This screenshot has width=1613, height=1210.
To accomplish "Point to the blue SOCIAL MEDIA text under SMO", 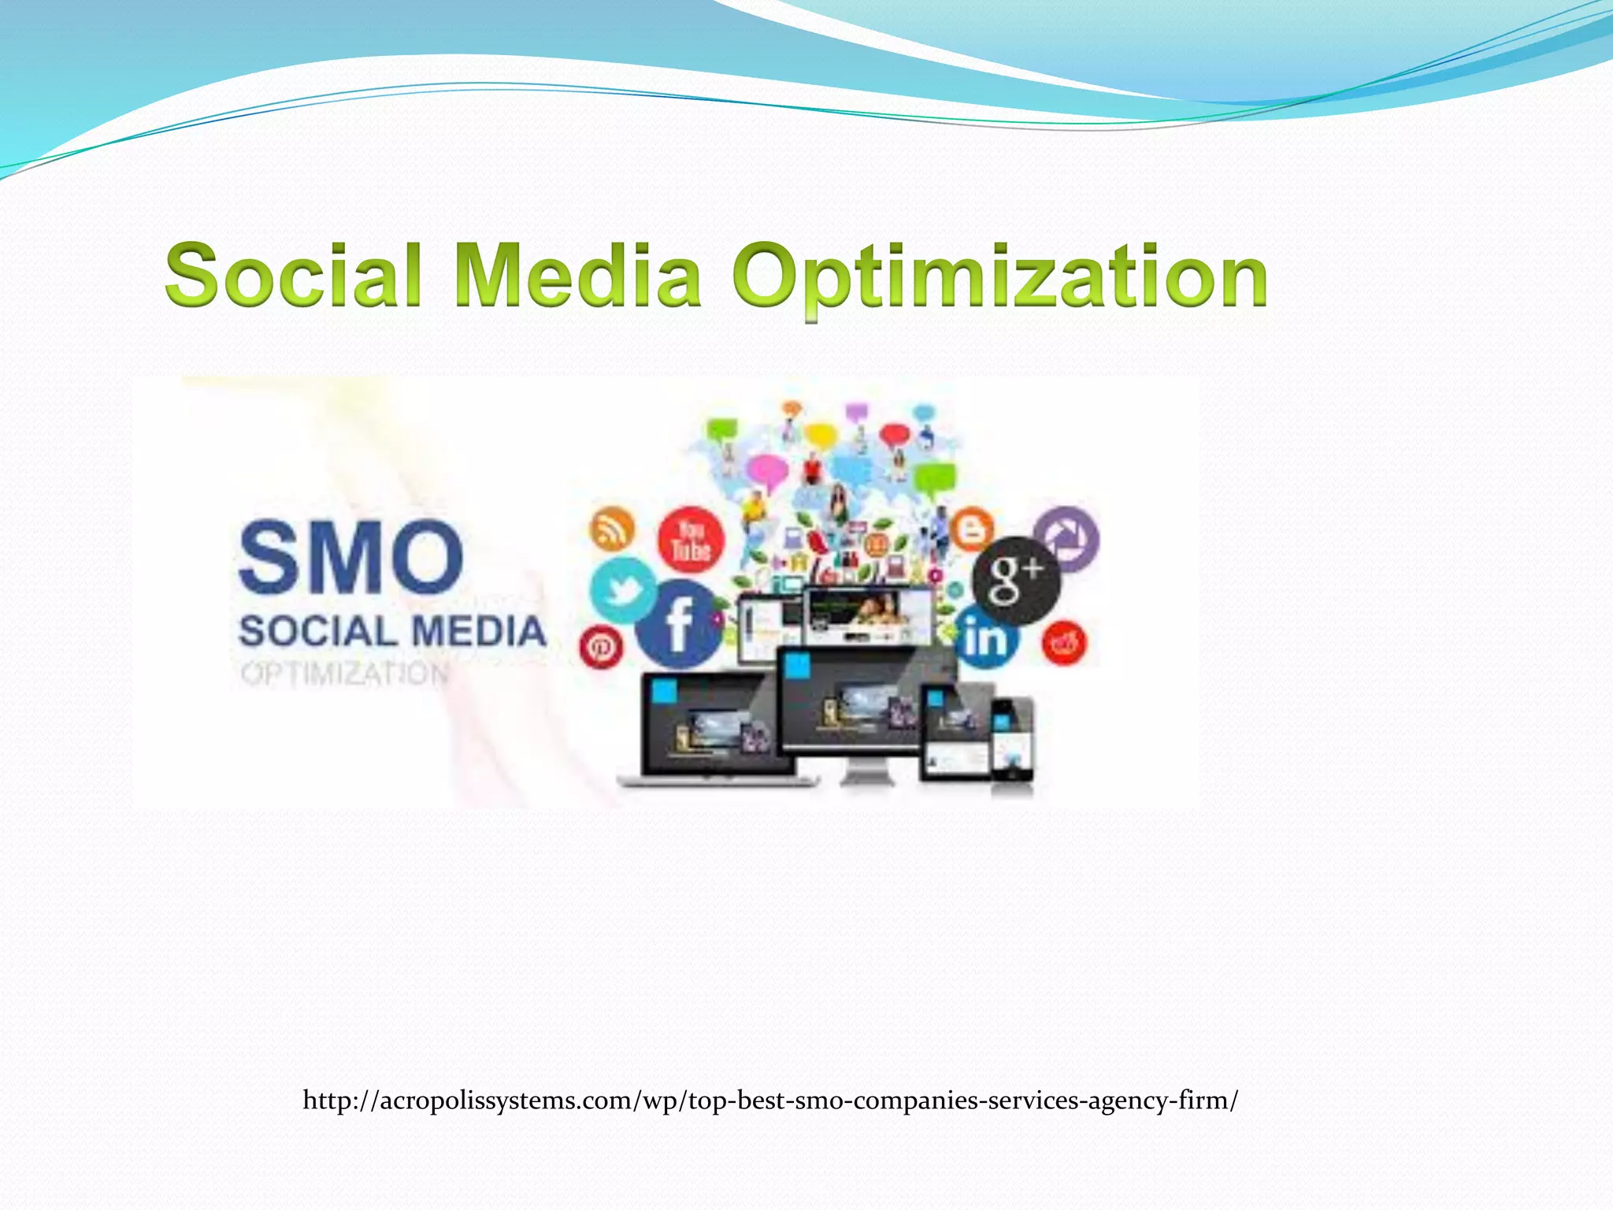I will [x=392, y=632].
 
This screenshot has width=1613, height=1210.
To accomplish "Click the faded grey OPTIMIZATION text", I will [x=345, y=674].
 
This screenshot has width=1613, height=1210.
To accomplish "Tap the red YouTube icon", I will [x=691, y=540].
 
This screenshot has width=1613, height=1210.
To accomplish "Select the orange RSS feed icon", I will [x=612, y=528].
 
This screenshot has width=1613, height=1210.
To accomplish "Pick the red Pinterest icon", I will [x=601, y=648].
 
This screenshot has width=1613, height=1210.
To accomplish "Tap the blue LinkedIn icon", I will [x=985, y=638].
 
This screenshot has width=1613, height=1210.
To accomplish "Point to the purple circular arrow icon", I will [x=1066, y=539].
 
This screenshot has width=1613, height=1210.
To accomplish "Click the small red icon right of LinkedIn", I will [x=1064, y=643].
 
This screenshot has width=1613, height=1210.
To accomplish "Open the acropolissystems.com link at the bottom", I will [x=770, y=1100].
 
